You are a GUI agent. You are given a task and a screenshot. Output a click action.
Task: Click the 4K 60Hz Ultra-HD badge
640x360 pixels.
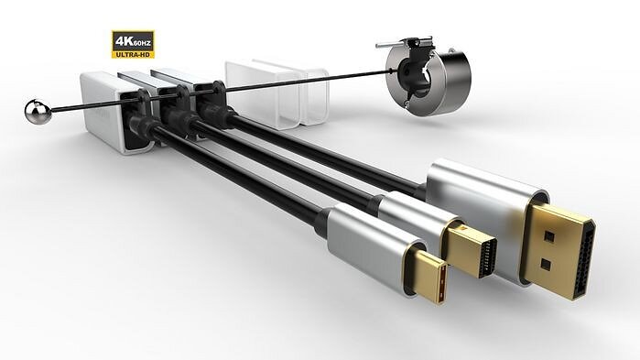pos(133,44)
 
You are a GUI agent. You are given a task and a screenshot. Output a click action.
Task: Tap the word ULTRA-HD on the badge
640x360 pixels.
pos(133,54)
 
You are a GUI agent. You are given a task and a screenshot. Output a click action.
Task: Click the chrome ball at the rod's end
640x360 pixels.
pos(38,112)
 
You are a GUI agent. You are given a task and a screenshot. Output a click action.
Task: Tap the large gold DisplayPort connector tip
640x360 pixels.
pos(559,251)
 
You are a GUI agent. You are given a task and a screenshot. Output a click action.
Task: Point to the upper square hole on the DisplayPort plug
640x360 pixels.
pos(549,236)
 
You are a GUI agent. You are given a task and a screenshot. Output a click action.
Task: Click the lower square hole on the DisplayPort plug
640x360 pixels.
pos(546,265)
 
